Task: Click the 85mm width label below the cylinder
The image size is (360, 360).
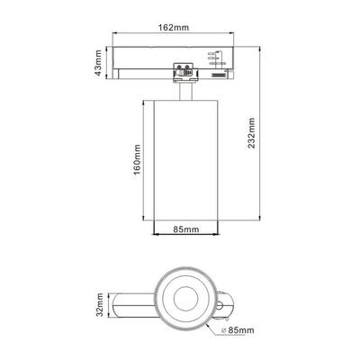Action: pos(186,229)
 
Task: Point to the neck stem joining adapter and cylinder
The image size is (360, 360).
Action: pos(186,90)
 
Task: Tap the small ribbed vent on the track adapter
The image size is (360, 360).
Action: pos(217,78)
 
